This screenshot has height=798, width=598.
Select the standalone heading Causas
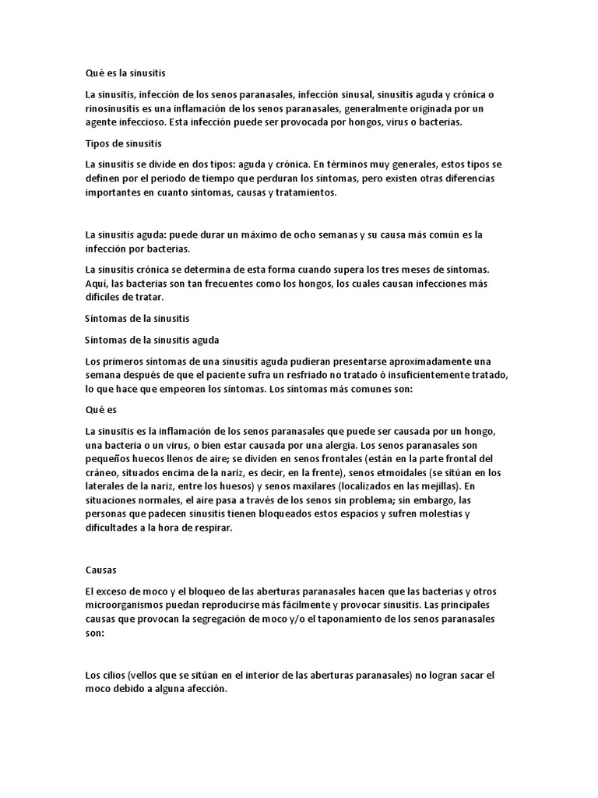tap(100, 570)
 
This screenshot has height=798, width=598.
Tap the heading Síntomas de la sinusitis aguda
tap(152, 339)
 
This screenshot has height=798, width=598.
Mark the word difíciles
tap(106, 298)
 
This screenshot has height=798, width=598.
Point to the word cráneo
tap(102, 472)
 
